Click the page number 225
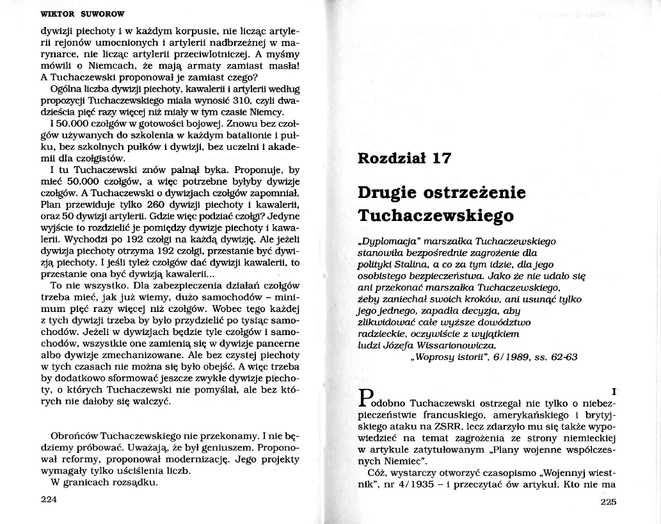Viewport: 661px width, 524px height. click(608, 502)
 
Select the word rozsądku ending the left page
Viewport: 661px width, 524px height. click(138, 482)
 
